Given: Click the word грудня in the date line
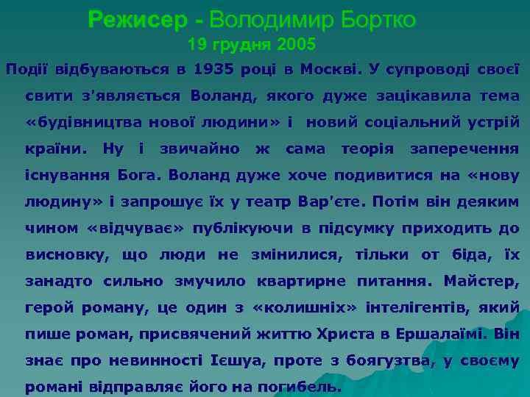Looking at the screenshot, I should coord(247,46).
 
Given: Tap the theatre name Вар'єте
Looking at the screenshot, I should coord(330,201).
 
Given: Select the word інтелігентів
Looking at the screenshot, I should coord(409,307).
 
